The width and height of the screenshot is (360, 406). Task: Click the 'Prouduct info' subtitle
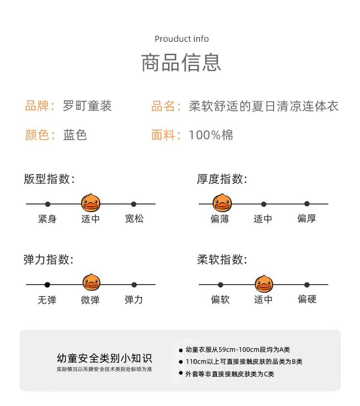(181, 39)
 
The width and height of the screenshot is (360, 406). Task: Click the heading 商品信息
(181, 63)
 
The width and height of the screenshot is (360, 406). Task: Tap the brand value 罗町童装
(87, 106)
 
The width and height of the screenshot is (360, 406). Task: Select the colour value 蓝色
(75, 135)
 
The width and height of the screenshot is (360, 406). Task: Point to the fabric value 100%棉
(211, 135)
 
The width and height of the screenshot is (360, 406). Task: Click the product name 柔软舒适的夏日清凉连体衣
(264, 106)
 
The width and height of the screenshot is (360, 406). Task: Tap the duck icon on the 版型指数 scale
(90, 203)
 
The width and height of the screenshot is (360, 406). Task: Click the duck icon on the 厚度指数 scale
(221, 203)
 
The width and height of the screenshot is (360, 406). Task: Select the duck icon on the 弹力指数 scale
(91, 283)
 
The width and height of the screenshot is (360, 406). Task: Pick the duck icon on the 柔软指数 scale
(264, 283)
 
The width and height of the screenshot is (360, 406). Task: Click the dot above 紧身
(48, 204)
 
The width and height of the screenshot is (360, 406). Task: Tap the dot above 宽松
(134, 204)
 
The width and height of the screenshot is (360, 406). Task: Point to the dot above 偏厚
(307, 204)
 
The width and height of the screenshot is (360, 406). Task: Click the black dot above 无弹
(47, 285)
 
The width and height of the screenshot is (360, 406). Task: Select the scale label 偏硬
(307, 299)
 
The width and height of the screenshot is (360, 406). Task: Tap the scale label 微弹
(90, 300)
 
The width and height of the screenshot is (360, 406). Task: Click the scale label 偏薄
(220, 219)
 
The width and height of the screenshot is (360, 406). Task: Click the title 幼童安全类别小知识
(104, 358)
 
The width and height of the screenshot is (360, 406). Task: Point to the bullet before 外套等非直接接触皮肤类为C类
(181, 373)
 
